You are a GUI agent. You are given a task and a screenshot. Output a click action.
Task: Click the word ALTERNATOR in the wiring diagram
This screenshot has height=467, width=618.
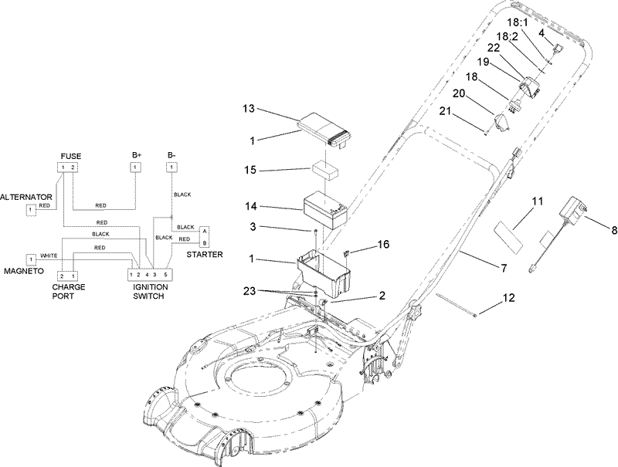point(25,197)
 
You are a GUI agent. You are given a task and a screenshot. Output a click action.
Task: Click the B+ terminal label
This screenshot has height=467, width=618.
point(136,156)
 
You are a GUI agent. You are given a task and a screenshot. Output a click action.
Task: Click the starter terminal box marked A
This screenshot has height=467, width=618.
point(204,230)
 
